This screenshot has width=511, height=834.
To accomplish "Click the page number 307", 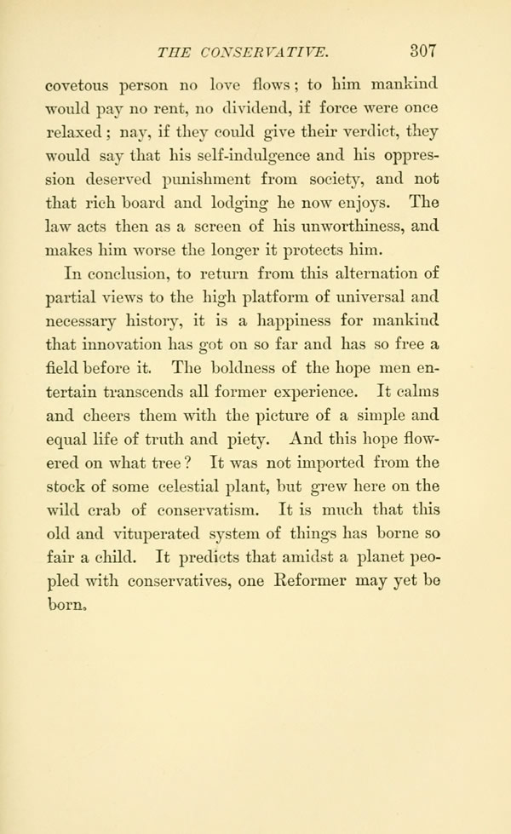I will pyautogui.click(x=421, y=49).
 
